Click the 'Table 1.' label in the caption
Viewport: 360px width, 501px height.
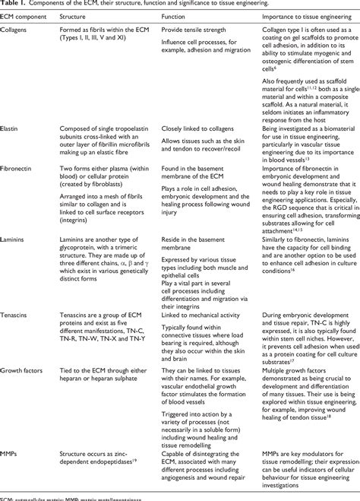(14, 6)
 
